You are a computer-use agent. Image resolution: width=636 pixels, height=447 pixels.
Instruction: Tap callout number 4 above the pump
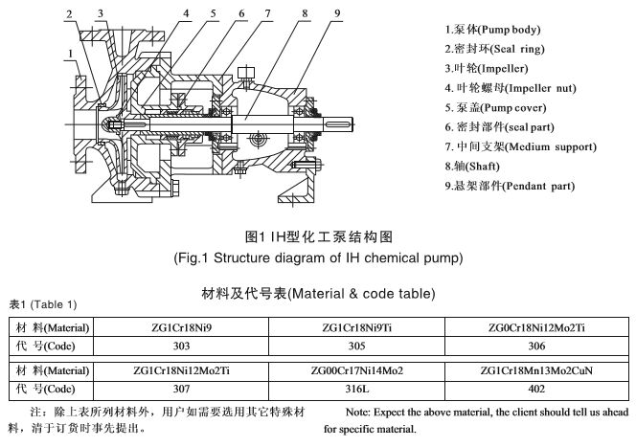(157, 13)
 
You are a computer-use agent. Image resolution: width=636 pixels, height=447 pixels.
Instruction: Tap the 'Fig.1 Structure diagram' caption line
(317, 257)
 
